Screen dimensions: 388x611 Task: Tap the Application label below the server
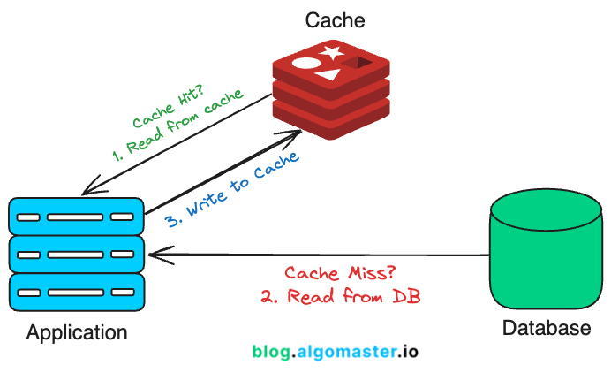pyautogui.click(x=77, y=333)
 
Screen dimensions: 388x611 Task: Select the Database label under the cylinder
pyautogui.click(x=546, y=329)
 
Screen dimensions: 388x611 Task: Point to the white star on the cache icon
pyautogui.click(x=333, y=54)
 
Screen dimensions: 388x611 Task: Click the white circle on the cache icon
pyautogui.click(x=305, y=65)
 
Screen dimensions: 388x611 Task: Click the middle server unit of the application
pyautogui.click(x=76, y=254)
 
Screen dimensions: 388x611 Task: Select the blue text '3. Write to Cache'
pyautogui.click(x=232, y=190)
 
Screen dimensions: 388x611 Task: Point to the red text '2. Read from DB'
pyautogui.click(x=340, y=297)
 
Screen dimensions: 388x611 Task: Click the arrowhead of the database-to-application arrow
pyautogui.click(x=154, y=255)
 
